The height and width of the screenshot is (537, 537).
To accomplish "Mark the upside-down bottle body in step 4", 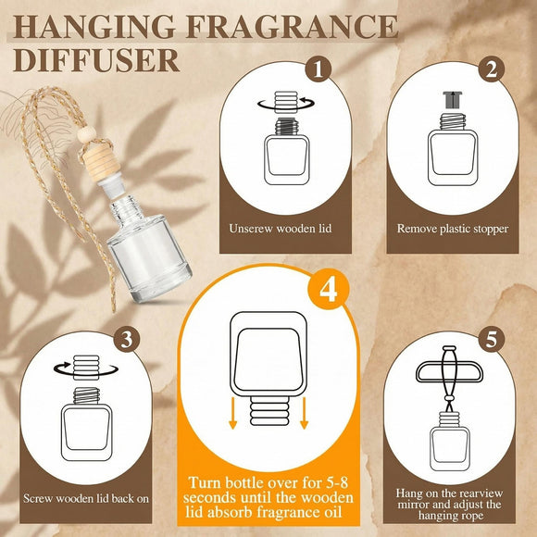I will coord(268,361).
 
